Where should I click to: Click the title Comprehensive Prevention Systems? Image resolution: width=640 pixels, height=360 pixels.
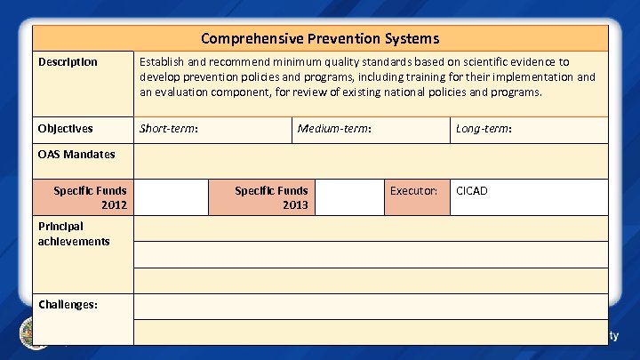[x=320, y=38]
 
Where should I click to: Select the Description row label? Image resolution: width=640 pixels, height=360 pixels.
[x=68, y=62]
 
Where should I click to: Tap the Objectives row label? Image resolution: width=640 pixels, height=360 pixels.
[x=65, y=129]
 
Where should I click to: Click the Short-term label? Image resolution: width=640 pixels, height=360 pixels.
[x=169, y=129]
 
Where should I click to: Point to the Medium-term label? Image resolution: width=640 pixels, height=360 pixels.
[x=334, y=129]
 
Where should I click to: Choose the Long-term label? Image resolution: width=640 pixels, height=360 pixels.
[x=484, y=129]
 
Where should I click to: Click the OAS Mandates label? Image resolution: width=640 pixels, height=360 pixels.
[x=76, y=154]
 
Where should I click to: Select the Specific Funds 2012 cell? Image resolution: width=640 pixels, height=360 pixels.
[x=90, y=197]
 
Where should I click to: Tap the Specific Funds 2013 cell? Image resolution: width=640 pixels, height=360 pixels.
[x=271, y=197]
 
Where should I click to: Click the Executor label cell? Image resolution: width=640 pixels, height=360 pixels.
[x=413, y=190]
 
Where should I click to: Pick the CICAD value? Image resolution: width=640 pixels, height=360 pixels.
[x=471, y=190]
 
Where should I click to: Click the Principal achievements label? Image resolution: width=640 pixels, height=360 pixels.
[x=74, y=234]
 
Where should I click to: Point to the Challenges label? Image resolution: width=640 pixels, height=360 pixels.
[x=68, y=304]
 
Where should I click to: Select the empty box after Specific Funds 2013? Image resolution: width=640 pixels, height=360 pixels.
[x=349, y=197]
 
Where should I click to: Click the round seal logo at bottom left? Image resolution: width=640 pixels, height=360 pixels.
[x=34, y=333]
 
